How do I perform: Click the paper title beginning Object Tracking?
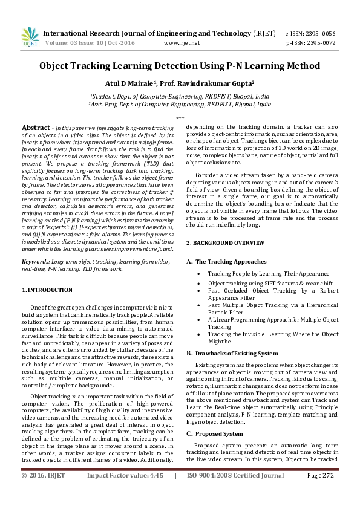(180, 66)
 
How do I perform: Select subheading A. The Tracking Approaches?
(226, 261)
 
